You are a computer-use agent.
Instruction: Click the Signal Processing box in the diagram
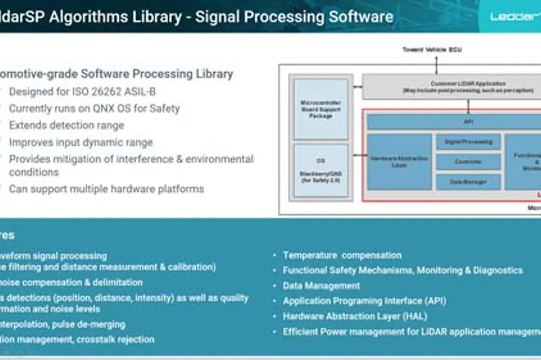468,142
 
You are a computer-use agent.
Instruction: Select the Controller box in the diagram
468,162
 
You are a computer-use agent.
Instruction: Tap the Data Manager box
468,182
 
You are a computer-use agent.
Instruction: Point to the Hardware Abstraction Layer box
399,162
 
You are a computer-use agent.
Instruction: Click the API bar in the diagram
468,122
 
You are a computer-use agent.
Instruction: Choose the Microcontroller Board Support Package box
321,109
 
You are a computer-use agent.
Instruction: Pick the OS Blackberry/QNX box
321,170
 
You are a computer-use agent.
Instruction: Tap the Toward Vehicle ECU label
432,50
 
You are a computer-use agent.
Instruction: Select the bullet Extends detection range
67,125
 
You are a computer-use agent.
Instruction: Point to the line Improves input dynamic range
81,143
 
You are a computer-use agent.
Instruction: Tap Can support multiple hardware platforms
106,189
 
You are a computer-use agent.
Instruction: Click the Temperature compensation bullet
342,255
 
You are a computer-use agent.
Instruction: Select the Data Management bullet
321,285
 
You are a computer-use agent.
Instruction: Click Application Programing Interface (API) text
364,301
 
